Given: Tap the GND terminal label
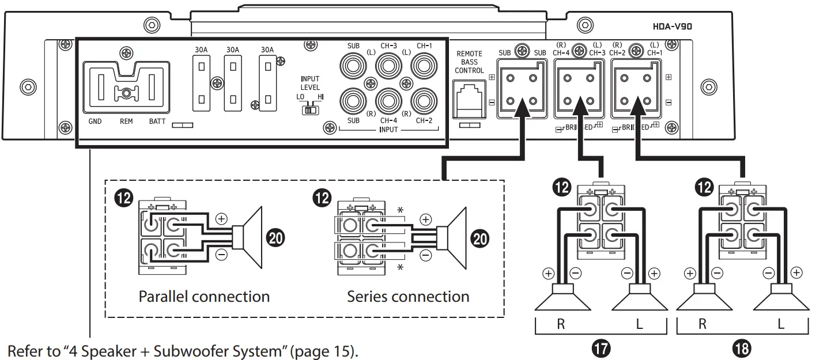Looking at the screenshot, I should [96, 122].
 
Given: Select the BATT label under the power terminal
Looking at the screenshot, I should [157, 122].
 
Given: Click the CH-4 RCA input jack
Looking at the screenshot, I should [389, 101].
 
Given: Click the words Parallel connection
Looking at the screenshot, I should [204, 297].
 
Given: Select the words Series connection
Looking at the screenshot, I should [407, 297].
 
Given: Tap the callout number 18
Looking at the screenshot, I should [741, 348].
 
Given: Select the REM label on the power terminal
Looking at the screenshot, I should [126, 122].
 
